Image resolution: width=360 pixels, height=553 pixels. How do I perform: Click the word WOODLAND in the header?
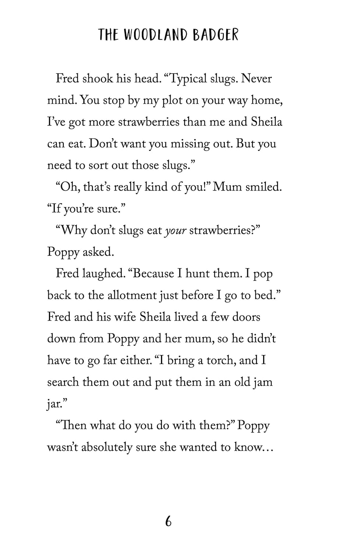click(x=155, y=35)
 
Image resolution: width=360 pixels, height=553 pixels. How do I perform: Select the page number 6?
click(x=168, y=522)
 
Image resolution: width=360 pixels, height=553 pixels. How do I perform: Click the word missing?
click(x=192, y=144)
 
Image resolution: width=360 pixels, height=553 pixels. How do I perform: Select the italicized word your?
click(x=176, y=231)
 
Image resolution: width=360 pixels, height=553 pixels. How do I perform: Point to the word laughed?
click(x=104, y=274)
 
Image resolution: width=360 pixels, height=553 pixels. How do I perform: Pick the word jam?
click(x=263, y=382)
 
